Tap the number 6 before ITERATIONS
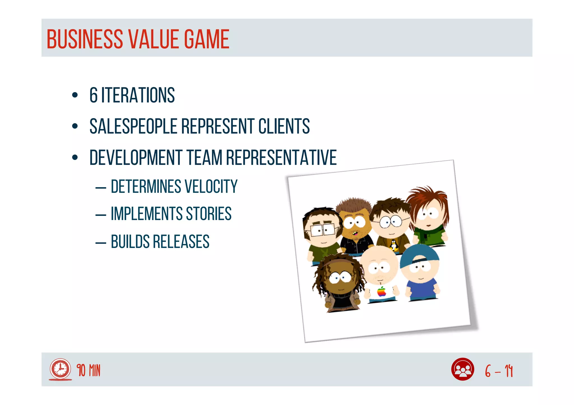(94, 95)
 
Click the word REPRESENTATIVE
(281, 157)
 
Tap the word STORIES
(209, 214)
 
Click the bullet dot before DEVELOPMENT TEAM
(75, 157)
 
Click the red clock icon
(60, 369)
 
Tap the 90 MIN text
(89, 371)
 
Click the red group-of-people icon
(462, 369)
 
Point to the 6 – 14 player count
(499, 371)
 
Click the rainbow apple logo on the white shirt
(381, 291)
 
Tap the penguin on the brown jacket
(394, 245)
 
